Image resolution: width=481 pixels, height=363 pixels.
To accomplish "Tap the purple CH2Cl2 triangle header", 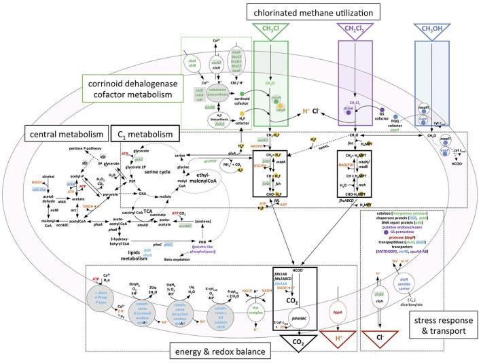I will [x=357, y=31].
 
